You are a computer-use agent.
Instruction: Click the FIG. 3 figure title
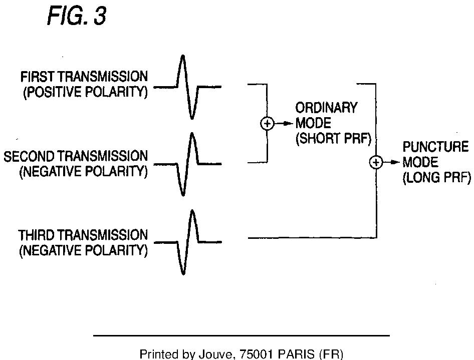pyautogui.click(x=77, y=17)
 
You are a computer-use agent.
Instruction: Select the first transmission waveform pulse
pyautogui.click(x=187, y=87)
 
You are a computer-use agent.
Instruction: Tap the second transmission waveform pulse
pyautogui.click(x=187, y=164)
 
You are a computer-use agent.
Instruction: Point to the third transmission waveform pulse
pyautogui.click(x=187, y=242)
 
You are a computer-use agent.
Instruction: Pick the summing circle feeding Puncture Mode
pyautogui.click(x=376, y=162)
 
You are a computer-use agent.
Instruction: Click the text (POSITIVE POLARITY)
pyautogui.click(x=85, y=93)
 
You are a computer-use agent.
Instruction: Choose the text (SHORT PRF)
pyautogui.click(x=333, y=139)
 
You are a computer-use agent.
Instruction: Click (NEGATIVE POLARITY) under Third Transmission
pyautogui.click(x=83, y=250)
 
